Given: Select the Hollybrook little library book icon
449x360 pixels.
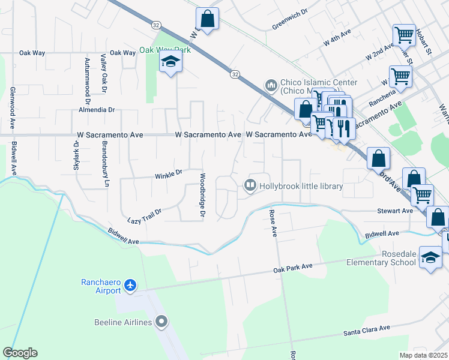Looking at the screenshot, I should [250, 186].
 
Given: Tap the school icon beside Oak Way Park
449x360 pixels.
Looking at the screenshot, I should [170, 62].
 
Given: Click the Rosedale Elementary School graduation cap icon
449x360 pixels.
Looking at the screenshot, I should [430, 258].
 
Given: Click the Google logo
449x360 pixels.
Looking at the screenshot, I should [20, 352].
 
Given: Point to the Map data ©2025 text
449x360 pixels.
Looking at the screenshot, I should [423, 355].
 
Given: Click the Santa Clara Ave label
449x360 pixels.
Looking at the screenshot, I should [367, 329].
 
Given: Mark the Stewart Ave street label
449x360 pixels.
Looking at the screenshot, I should [394, 211].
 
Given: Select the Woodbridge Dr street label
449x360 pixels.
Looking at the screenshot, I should [202, 196].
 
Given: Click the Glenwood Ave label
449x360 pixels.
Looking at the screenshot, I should [13, 108].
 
